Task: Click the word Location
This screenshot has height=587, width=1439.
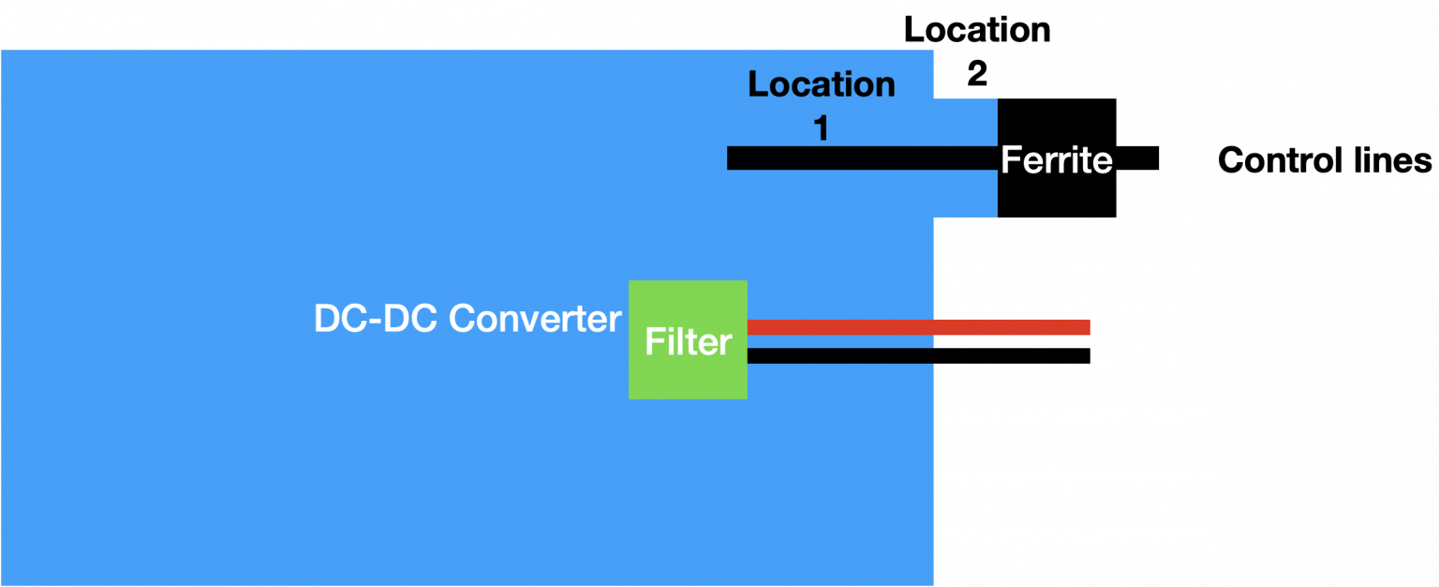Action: point(822,84)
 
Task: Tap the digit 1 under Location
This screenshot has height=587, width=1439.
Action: point(821,128)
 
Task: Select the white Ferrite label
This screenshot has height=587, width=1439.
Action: point(1056,160)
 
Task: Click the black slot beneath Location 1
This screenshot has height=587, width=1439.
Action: point(862,158)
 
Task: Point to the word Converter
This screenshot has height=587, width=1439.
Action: point(535,319)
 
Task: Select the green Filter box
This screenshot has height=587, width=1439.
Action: point(688,375)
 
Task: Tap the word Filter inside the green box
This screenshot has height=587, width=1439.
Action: point(688,341)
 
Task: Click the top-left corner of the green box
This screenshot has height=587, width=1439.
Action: point(630,282)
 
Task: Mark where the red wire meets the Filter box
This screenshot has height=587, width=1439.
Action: point(748,326)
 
